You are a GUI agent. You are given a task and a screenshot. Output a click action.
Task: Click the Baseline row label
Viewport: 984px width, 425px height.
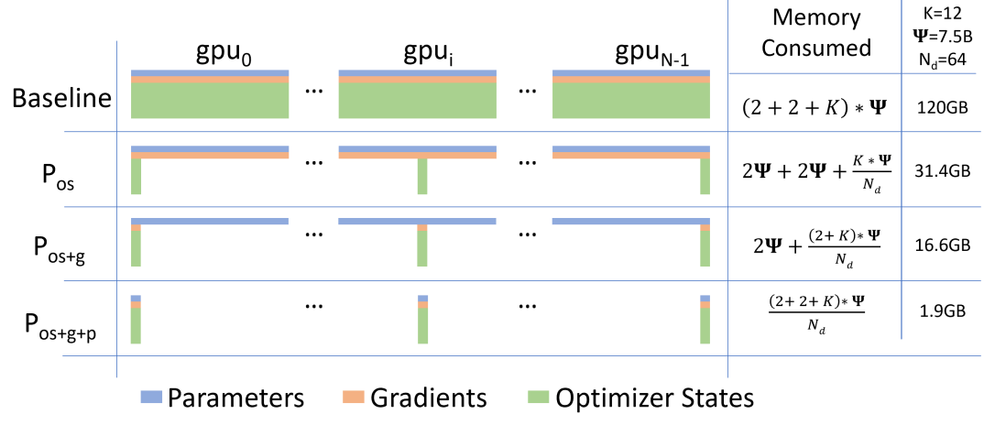(59, 101)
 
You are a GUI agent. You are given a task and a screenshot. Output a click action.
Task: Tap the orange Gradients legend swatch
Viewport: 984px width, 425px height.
(355, 397)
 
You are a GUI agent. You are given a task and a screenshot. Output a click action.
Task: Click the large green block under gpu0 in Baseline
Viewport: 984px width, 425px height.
(210, 100)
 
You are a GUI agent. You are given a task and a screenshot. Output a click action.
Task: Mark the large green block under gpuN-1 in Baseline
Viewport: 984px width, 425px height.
(631, 100)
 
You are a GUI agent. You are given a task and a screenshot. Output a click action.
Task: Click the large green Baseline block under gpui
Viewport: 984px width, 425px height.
(418, 100)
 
